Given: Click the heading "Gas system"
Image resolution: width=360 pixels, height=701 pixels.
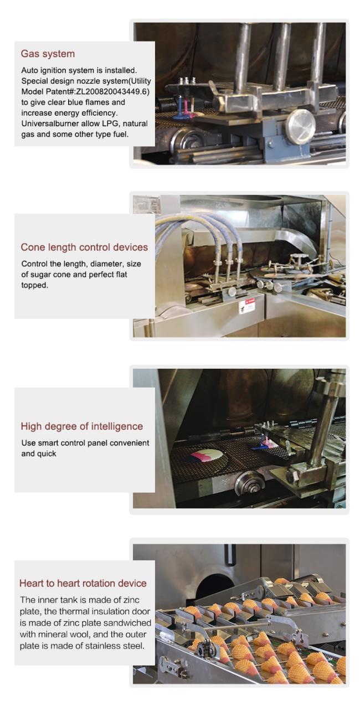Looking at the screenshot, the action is click(48, 54).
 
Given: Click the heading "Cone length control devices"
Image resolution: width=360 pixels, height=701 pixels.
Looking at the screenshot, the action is click(84, 247).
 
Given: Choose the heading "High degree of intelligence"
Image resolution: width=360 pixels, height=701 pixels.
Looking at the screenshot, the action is click(82, 426).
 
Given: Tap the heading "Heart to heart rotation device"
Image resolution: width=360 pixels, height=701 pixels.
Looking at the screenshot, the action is click(83, 583).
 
